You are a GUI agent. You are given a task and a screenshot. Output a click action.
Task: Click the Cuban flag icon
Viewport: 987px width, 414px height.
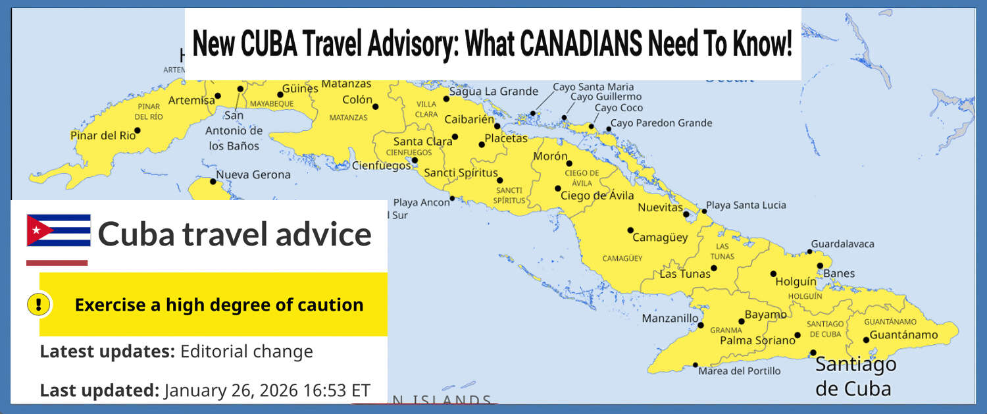click(59, 230)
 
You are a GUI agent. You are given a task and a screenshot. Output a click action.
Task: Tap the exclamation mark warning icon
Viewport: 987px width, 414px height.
click(39, 305)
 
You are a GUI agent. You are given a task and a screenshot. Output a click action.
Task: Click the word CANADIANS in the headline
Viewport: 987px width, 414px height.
click(580, 45)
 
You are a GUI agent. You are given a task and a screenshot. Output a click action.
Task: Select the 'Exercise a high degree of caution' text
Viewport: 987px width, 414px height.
click(218, 305)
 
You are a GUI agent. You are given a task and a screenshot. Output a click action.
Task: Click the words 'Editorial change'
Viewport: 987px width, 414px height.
click(247, 351)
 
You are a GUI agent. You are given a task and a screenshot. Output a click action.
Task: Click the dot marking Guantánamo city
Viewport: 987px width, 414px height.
click(866, 340)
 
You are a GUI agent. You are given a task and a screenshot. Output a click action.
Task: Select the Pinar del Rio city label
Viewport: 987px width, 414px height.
click(103, 136)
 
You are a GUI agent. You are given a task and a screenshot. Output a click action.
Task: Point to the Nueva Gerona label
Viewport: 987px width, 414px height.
click(253, 174)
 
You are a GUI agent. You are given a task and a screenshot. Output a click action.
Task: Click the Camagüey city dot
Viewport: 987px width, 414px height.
click(630, 230)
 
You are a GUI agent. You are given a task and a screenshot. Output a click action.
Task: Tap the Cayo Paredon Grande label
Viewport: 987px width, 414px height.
click(661, 123)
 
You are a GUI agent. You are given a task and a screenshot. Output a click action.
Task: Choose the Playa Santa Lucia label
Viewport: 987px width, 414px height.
click(746, 205)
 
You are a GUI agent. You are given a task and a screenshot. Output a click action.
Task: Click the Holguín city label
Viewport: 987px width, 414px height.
click(796, 281)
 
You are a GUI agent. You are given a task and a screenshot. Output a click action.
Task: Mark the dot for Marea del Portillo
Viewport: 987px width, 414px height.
click(696, 365)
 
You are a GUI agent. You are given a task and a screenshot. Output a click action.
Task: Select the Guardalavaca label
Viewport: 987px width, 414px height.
click(842, 244)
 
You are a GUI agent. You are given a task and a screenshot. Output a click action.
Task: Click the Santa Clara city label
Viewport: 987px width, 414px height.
click(422, 142)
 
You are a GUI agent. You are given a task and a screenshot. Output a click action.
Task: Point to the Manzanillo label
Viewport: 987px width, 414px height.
click(670, 319)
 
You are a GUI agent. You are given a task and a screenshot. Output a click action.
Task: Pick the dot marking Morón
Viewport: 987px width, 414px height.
click(569, 163)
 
